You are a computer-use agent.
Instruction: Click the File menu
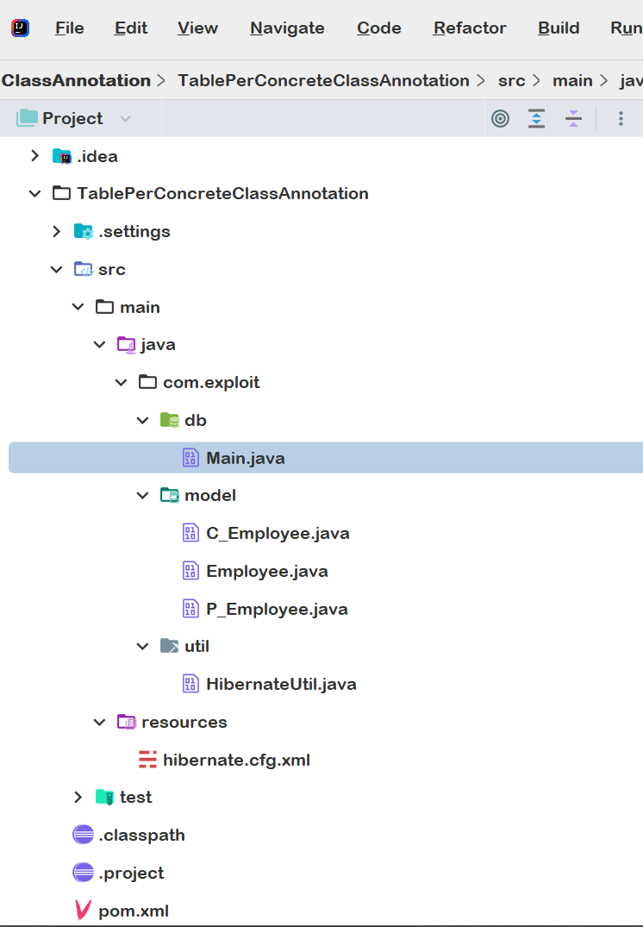70,28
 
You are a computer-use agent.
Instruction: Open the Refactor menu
470,28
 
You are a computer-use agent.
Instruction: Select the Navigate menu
287,28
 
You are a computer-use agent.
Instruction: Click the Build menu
559,28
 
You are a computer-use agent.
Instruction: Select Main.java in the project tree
246,458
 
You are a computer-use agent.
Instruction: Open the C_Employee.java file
278,533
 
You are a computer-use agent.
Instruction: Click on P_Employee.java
277,609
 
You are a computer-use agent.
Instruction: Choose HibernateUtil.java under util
281,684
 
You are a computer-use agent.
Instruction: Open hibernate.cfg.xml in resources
236,760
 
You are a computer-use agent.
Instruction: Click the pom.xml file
134,911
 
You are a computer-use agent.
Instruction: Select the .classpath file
142,836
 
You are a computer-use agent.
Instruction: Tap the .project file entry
131,874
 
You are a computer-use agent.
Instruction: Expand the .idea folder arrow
34,156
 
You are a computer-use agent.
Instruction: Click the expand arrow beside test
78,797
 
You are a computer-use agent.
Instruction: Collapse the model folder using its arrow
142,496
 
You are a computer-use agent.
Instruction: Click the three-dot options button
621,119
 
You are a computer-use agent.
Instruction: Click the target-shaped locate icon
500,119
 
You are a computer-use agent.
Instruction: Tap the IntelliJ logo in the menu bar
20,28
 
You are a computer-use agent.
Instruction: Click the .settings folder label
134,232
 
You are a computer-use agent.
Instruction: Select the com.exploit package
211,383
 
